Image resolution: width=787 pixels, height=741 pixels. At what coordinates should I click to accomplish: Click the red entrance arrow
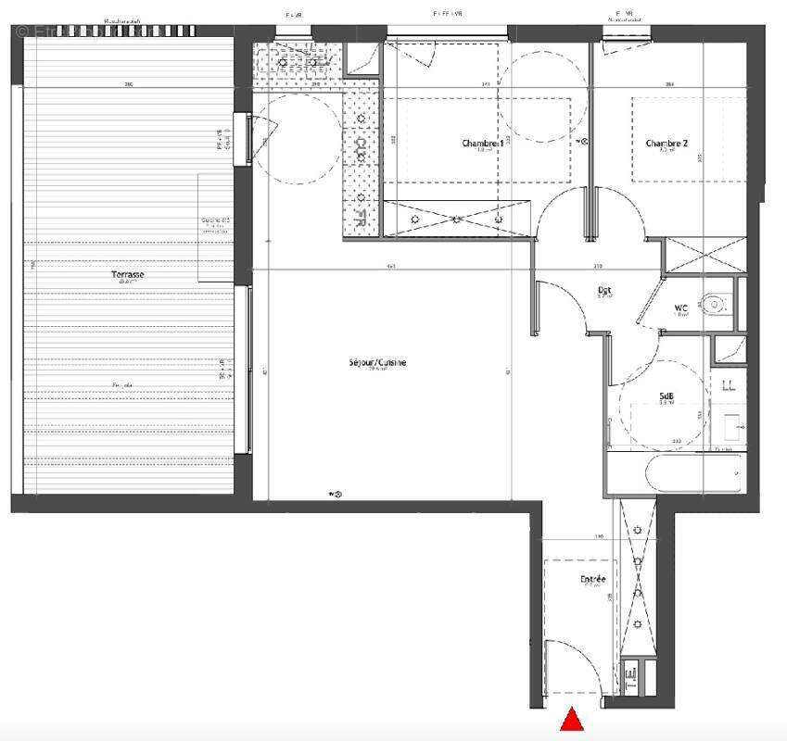(x=573, y=720)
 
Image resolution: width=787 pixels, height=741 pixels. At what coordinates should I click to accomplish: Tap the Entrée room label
(x=593, y=580)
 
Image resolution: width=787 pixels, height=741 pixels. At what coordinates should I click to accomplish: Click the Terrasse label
(x=128, y=275)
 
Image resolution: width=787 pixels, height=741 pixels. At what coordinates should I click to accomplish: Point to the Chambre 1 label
(x=483, y=144)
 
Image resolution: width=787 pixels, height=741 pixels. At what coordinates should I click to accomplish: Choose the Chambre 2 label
(x=666, y=144)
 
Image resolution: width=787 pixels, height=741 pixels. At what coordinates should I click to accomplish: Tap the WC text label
(x=681, y=308)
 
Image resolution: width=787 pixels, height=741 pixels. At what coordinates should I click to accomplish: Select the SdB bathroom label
(x=666, y=396)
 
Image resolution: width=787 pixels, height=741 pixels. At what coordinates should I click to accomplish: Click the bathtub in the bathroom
(x=675, y=473)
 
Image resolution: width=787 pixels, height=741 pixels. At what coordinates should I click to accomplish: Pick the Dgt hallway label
(x=603, y=290)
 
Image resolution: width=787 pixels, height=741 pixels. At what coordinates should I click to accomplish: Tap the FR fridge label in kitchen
(x=357, y=219)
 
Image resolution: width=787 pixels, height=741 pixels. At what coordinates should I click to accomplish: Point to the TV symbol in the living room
(x=336, y=495)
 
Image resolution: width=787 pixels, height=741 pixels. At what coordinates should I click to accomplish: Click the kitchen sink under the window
(x=295, y=61)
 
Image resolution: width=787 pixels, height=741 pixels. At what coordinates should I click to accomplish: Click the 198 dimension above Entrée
(x=600, y=536)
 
